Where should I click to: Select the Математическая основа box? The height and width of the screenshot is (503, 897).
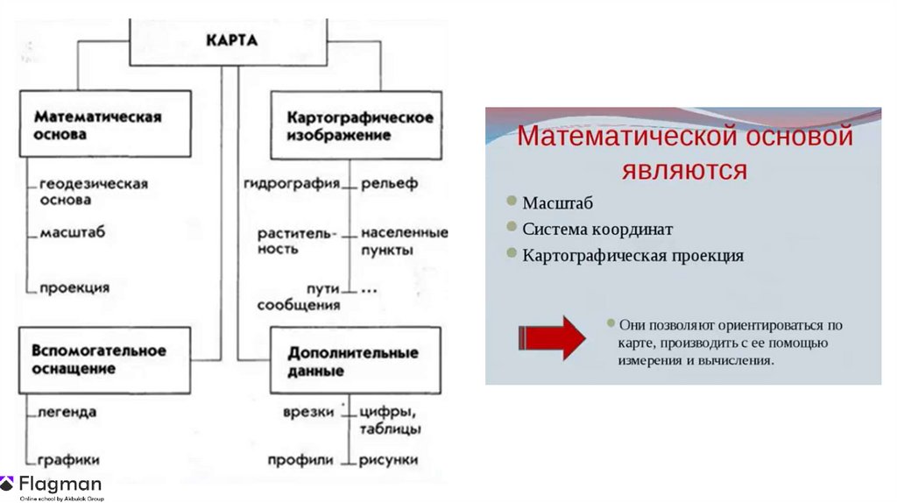[105, 124]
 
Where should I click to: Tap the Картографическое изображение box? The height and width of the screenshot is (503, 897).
[355, 126]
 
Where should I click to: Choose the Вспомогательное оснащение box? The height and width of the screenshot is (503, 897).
[103, 359]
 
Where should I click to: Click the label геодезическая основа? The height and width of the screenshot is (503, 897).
[93, 191]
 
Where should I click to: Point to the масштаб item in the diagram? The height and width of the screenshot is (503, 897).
[72, 233]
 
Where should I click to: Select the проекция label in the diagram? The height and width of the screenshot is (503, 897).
[74, 287]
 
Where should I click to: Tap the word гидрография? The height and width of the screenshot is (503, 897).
[292, 184]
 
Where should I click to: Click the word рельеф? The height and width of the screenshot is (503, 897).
[388, 184]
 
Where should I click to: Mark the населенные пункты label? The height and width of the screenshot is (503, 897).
[404, 240]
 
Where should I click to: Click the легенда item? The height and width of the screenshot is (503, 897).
[67, 411]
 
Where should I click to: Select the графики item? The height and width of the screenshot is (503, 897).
[68, 459]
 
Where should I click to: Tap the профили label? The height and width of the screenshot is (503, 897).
[301, 459]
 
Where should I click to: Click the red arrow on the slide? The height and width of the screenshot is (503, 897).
[551, 337]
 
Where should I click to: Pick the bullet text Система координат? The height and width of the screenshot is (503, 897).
[597, 230]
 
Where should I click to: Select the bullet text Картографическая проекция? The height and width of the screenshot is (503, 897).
[632, 256]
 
